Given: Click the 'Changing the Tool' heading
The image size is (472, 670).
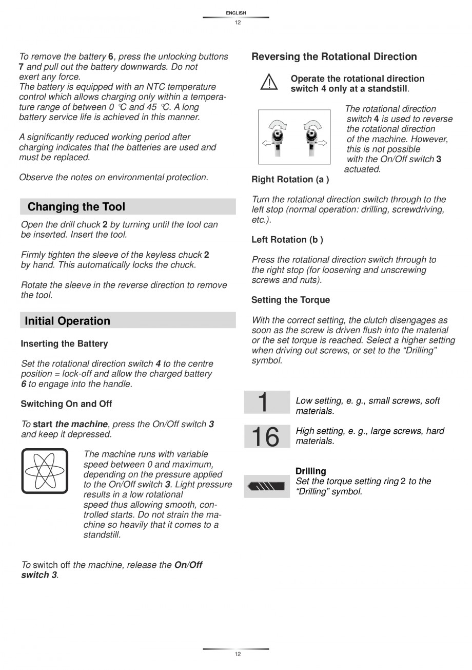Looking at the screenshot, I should tap(76, 207).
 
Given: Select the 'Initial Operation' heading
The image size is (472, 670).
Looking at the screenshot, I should tap(67, 321).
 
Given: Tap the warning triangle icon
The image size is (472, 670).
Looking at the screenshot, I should tap(268, 83).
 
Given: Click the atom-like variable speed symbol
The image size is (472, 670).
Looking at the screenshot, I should tap(45, 471).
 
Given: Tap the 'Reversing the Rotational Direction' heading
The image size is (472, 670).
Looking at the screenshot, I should tap(334, 56).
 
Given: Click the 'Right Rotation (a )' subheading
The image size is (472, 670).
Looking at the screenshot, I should tap(290, 179).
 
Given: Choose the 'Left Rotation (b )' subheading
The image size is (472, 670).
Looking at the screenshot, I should tap(287, 240).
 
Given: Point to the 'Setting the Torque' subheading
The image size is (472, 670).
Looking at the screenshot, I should tap(290, 300).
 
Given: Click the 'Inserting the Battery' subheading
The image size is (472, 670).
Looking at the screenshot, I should tap(64, 343).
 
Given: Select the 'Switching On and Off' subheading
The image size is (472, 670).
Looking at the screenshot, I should tap(66, 404).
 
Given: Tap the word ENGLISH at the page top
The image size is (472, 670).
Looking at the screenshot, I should tap(236, 13).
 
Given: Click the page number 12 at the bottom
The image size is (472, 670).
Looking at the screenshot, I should tap(238, 654).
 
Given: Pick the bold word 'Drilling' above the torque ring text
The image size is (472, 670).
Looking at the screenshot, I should tap(310, 471).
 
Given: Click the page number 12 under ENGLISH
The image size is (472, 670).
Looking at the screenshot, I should tap(238, 22).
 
